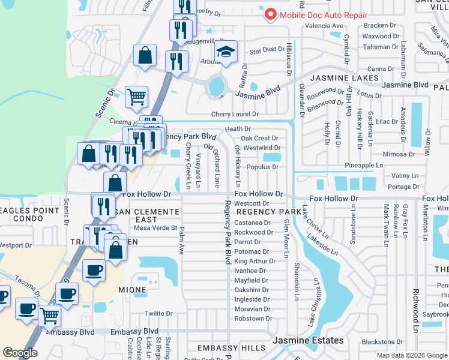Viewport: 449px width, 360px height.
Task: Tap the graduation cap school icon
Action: [226, 53]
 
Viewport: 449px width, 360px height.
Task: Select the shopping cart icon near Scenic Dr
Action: [136, 96]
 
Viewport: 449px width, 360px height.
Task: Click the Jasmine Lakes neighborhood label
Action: [345, 78]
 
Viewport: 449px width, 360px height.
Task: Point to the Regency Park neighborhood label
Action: [269, 212]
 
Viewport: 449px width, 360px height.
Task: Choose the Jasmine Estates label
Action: [309, 340]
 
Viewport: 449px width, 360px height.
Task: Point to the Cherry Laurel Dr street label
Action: [234, 114]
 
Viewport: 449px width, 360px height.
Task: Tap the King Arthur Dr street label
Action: [255, 261]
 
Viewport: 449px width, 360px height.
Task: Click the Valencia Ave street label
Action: [324, 26]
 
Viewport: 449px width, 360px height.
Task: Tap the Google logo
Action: [20, 353]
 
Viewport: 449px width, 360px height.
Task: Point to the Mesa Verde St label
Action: [155, 227]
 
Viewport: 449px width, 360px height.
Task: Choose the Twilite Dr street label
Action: [158, 313]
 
